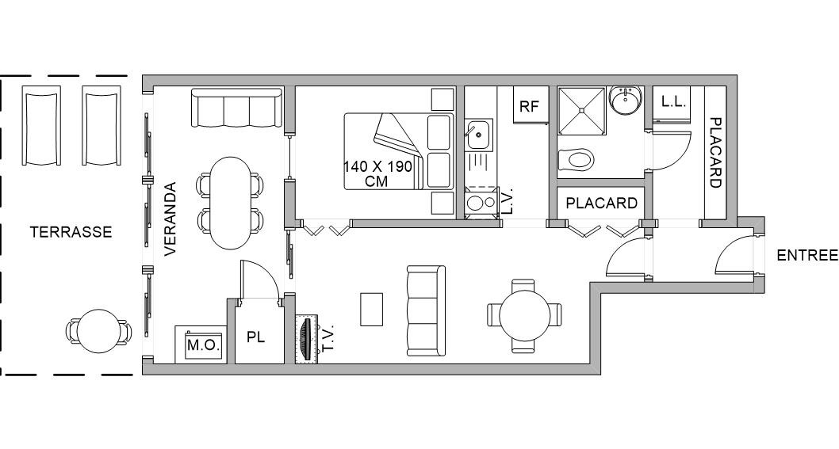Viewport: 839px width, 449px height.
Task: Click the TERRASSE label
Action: [71, 232]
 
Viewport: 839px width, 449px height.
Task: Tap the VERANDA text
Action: [170, 219]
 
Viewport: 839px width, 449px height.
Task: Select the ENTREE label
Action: [807, 256]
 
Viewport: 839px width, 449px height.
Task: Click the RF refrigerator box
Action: [531, 105]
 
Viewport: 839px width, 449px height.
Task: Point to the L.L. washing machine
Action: [672, 103]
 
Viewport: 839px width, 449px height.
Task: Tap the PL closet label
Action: [256, 338]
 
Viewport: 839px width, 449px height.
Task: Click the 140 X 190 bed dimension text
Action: [377, 167]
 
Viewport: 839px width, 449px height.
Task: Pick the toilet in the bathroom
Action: [575, 158]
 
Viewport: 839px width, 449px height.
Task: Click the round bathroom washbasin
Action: [625, 100]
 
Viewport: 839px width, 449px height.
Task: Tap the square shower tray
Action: [582, 110]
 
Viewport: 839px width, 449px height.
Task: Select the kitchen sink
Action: [479, 135]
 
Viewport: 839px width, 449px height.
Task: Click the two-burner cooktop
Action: [481, 202]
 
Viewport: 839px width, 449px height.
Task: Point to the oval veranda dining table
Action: [231, 203]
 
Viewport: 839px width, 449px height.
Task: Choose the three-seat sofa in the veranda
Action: [236, 108]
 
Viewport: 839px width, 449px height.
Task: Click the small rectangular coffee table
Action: [371, 309]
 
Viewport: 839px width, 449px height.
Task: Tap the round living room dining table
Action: [524, 315]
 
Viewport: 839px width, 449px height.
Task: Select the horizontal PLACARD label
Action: [601, 203]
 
